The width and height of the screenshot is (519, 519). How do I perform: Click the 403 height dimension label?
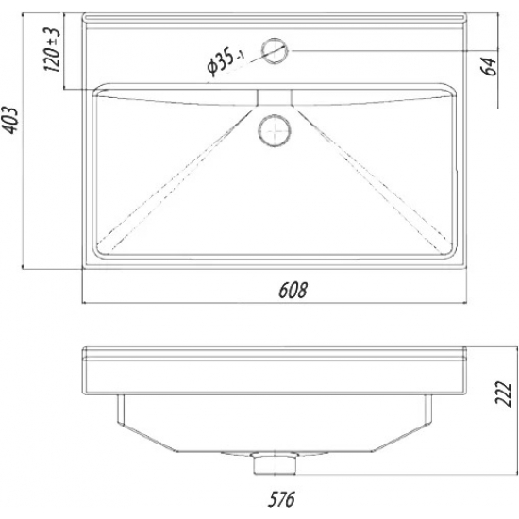click(x=12, y=120)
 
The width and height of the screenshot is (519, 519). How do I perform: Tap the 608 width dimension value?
click(x=293, y=290)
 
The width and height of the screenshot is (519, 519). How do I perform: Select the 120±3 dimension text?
click(x=53, y=49)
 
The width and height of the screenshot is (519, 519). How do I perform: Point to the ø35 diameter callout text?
click(x=225, y=61)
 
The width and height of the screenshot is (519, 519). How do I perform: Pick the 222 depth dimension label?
click(x=504, y=393)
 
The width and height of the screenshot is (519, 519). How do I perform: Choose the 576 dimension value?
click(x=281, y=499)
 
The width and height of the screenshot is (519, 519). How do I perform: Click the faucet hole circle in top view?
click(x=275, y=51)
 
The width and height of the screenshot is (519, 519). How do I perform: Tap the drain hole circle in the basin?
click(x=275, y=130)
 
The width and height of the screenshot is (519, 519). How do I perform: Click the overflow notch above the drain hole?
click(x=275, y=97)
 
